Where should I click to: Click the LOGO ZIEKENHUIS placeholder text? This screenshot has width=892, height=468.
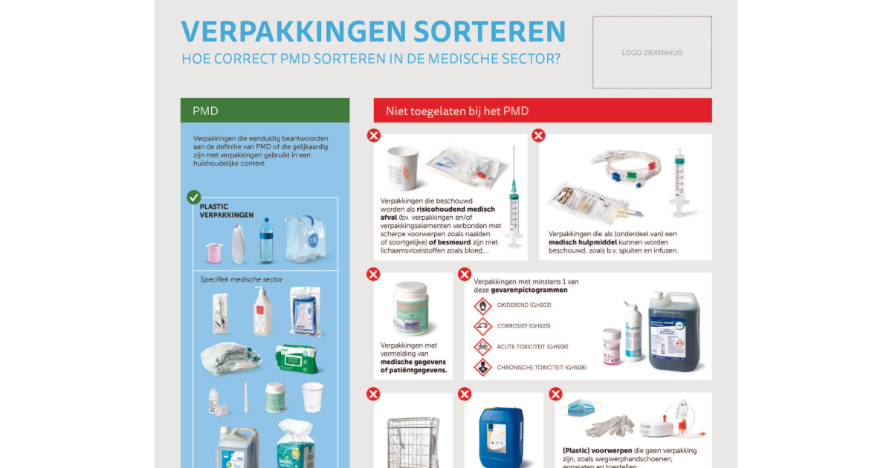[652, 53]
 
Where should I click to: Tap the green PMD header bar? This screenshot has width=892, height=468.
[265, 111]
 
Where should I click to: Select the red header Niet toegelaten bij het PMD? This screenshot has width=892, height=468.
[542, 111]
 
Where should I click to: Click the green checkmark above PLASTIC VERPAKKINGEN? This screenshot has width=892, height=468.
[194, 197]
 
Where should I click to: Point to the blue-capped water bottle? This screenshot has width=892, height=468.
[266, 240]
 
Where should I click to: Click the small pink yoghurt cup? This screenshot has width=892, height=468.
[213, 253]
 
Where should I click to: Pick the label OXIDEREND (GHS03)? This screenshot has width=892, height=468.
[524, 305]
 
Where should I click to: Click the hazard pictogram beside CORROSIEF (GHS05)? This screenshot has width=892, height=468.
[482, 326]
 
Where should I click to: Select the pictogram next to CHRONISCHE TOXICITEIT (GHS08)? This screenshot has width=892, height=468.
[482, 367]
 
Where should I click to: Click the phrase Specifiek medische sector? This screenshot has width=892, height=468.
[242, 279]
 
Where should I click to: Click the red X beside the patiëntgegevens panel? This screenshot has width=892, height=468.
[374, 274]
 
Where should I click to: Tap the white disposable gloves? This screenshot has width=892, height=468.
[610, 426]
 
